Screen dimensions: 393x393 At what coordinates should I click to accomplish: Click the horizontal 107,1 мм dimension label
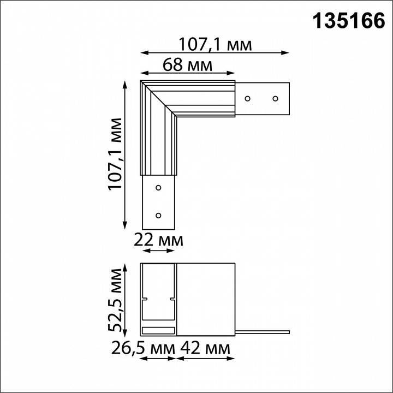pos(216,43)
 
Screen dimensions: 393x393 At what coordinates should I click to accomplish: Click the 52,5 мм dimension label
pos(115,300)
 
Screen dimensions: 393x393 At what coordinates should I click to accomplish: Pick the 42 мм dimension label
pos(205,348)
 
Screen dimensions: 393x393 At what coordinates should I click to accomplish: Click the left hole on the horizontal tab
pos(248,99)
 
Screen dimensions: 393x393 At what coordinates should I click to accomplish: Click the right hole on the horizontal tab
pos(276,99)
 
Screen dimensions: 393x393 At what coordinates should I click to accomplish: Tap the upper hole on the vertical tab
pos(158,188)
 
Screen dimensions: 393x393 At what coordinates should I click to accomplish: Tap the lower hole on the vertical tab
pos(158,215)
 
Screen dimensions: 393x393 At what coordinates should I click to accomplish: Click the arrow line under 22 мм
pos(159,251)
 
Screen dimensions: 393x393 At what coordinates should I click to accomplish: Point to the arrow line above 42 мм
pos(205,359)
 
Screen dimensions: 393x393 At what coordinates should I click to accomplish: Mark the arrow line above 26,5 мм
pos(159,359)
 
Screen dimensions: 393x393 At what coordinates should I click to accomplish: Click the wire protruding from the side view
pos(262,331)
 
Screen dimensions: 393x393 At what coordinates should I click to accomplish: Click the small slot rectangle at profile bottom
pos(159,330)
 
